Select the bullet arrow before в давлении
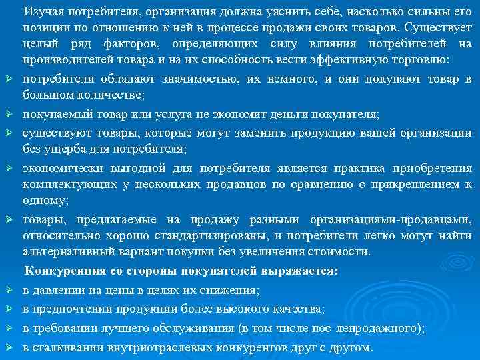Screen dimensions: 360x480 [x=11, y=290]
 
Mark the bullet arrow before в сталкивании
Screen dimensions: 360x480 [x=11, y=347]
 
